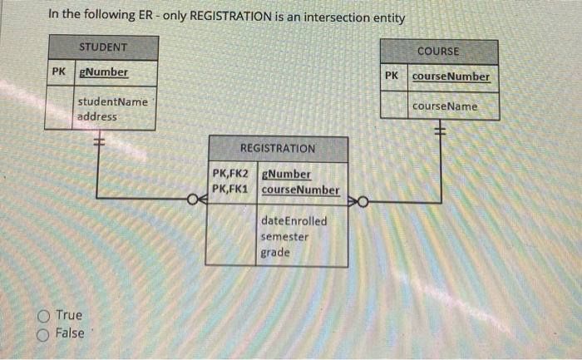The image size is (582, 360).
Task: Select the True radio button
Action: coord(42,316)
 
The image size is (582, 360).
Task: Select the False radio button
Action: coord(42,333)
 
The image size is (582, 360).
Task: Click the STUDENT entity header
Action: coord(102,47)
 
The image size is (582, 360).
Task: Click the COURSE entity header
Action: coord(438,52)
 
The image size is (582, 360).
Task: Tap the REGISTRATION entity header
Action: coord(277,148)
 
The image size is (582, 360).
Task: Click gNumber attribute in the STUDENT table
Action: coord(103,72)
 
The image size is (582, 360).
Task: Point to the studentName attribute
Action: coord(112,101)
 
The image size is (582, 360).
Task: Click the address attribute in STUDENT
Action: coord(97,116)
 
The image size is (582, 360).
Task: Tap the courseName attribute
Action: coord(445,106)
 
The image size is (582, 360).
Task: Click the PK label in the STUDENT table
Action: coord(58,72)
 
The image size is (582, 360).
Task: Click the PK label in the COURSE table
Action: coord(392,76)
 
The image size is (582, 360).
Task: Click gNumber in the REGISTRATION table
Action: coord(286,175)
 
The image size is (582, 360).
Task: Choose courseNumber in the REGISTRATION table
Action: coord(300,190)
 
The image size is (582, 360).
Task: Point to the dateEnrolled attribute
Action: coord(293,221)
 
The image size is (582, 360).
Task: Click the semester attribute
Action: coord(284,237)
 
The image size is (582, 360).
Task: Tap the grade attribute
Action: coord(275,252)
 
